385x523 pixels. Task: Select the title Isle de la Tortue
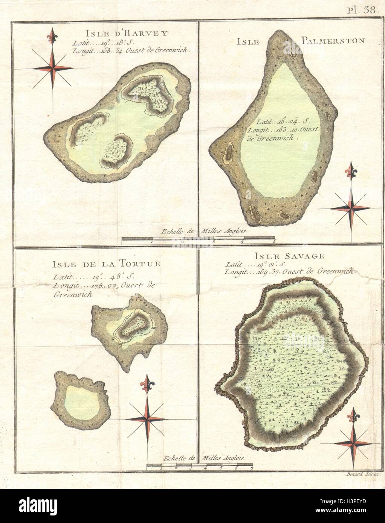pyautogui.click(x=107, y=263)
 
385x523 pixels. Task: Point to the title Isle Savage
pyautogui.click(x=289, y=256)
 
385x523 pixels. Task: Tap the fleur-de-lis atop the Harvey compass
pyautogui.click(x=52, y=36)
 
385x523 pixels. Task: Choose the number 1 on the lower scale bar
pyautogui.click(x=161, y=468)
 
